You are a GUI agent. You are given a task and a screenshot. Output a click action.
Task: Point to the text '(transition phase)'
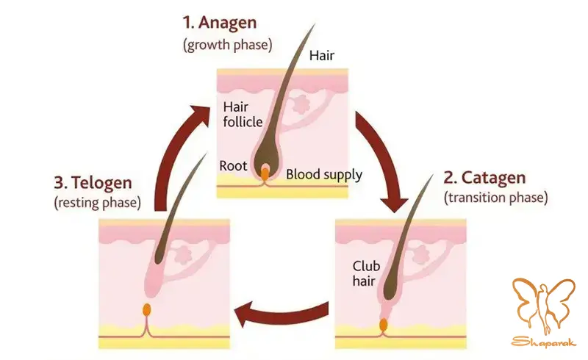[495, 198]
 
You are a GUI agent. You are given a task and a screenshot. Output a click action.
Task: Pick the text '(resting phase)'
[98, 202]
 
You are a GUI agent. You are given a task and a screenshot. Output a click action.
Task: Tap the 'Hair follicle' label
[242, 115]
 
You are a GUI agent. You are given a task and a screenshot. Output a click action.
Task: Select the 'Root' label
[232, 166]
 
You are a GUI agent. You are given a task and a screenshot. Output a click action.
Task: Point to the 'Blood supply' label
[323, 174]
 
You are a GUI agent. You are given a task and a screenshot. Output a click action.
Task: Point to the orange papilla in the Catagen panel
[383, 325]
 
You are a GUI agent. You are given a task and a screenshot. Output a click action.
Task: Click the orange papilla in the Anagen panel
[265, 173]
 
